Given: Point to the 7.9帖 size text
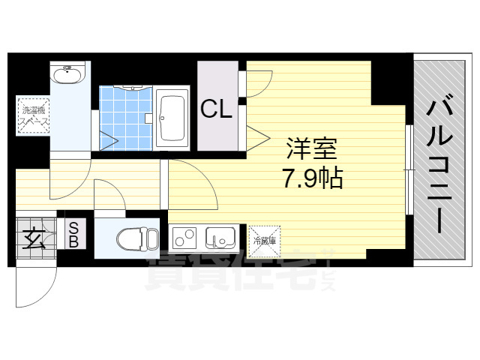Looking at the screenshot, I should (312, 179).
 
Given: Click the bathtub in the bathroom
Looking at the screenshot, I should (174, 117).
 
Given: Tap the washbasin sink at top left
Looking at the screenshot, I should (68, 74).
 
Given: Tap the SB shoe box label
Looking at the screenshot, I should (75, 235).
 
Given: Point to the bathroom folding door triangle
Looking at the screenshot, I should (106, 138).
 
